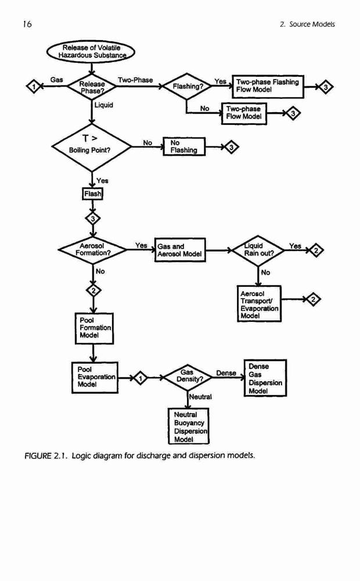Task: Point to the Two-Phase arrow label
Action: tap(135, 80)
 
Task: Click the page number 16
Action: tap(27, 24)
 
